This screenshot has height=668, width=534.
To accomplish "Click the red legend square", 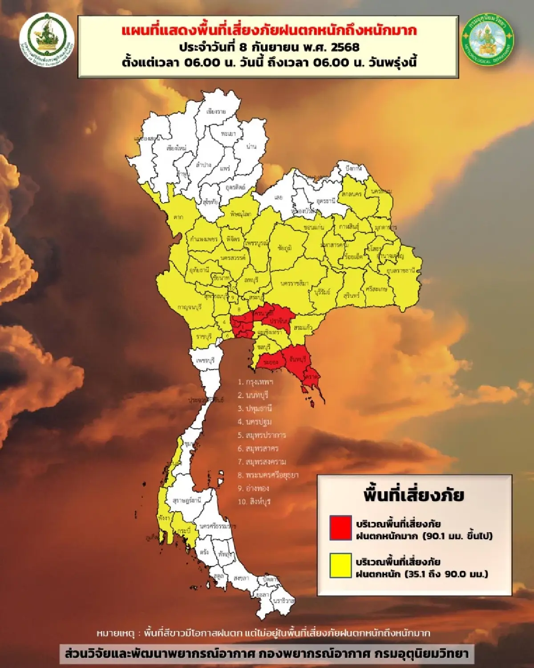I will tap(340, 528).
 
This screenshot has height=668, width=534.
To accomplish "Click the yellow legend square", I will tap(340, 566).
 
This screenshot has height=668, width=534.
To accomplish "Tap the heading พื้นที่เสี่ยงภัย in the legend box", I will tap(414, 495).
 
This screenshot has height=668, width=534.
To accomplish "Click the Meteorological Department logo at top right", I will tap(487, 40).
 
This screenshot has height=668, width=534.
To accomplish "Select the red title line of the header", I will tap(269, 31).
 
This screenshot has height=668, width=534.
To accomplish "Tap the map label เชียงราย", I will tap(216, 111).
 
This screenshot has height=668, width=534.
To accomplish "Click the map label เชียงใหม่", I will tap(176, 148).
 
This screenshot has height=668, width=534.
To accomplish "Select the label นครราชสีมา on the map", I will tap(295, 283).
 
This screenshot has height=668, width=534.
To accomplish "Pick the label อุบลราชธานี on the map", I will tap(404, 270).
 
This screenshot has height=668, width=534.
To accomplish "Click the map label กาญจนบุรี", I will tap(190, 307).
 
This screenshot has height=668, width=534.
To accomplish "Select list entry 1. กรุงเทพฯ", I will tap(255, 382).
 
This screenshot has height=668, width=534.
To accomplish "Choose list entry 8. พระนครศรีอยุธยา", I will tap(268, 475).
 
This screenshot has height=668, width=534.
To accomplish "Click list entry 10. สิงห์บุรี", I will tap(254, 501).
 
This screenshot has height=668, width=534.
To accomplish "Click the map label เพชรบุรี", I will tap(204, 360).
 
